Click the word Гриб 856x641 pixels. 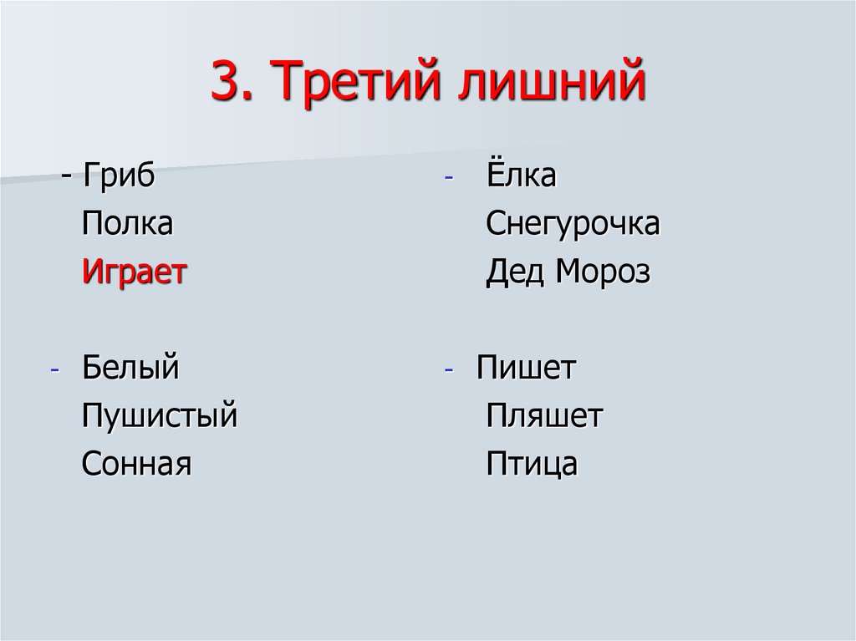tap(119, 177)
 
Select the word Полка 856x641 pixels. tap(127, 224)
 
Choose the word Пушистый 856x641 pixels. tap(160, 415)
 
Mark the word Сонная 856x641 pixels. tap(137, 463)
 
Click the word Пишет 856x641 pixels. tap(527, 368)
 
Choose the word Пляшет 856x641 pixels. tap(544, 415)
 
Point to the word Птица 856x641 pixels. tap(532, 463)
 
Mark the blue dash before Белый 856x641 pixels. tap(54, 371)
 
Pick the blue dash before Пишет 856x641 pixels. tap(449, 371)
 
